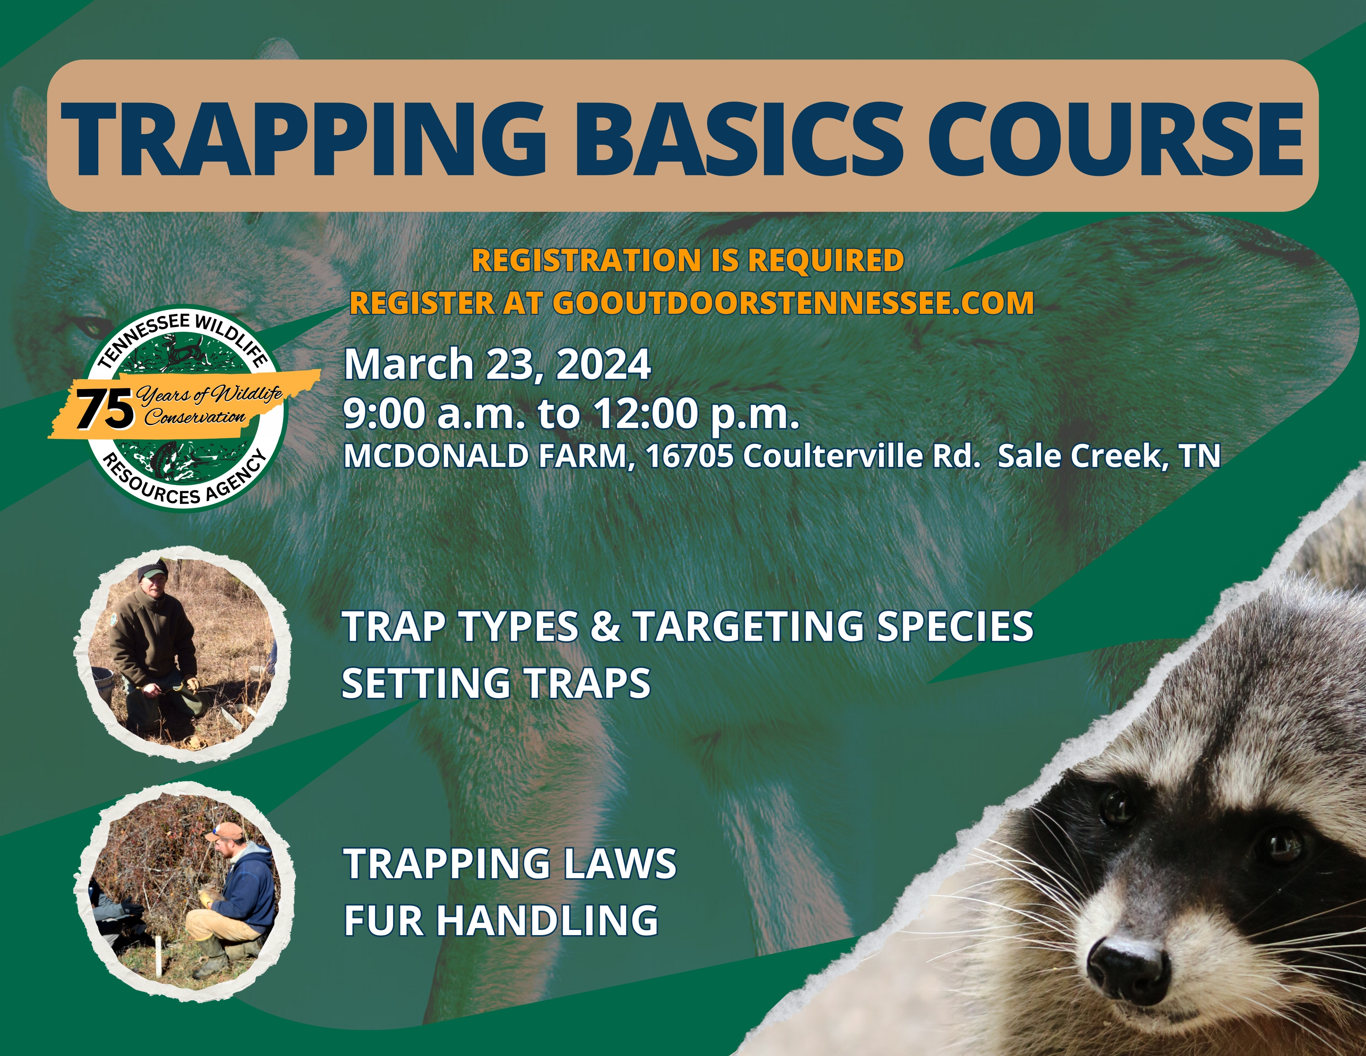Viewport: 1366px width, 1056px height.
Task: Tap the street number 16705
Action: click(x=689, y=456)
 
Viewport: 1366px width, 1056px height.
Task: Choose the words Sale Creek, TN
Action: click(x=1108, y=456)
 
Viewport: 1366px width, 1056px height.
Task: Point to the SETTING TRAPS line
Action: click(x=496, y=683)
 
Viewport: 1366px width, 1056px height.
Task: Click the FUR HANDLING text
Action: click(x=501, y=920)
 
